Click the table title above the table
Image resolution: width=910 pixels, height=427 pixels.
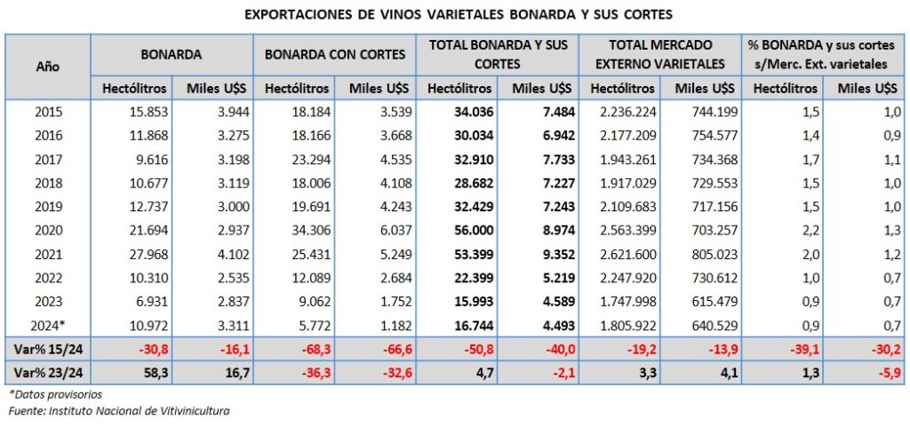[455, 15]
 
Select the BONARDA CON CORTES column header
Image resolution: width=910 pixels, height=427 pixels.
[335, 54]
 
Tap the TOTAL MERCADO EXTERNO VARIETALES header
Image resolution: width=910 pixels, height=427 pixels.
[660, 54]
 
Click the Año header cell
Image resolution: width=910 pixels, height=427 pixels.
[48, 66]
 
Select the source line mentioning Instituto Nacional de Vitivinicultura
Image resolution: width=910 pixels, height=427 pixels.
[118, 410]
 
